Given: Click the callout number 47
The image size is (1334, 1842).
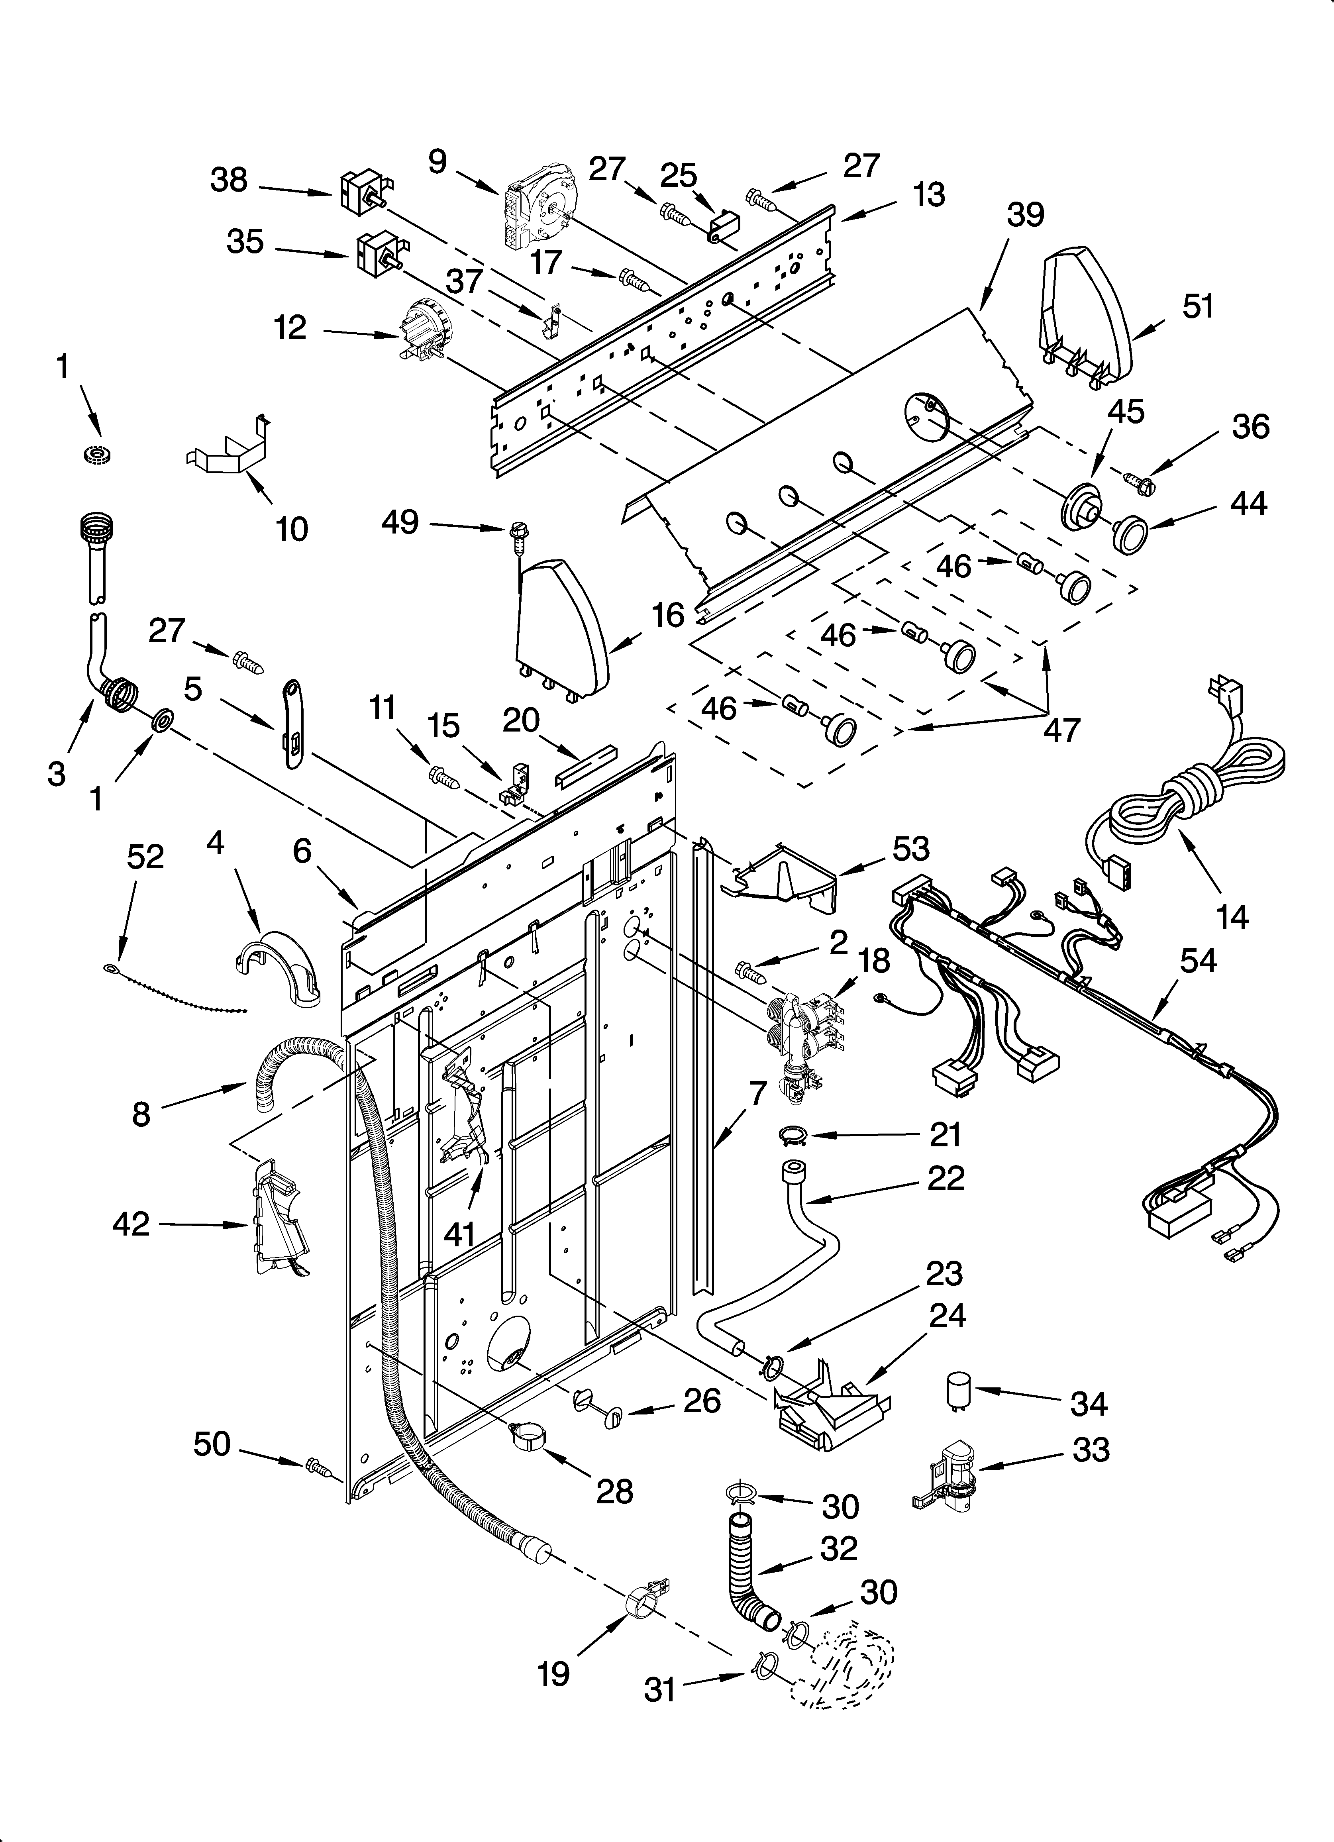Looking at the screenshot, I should [1061, 729].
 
